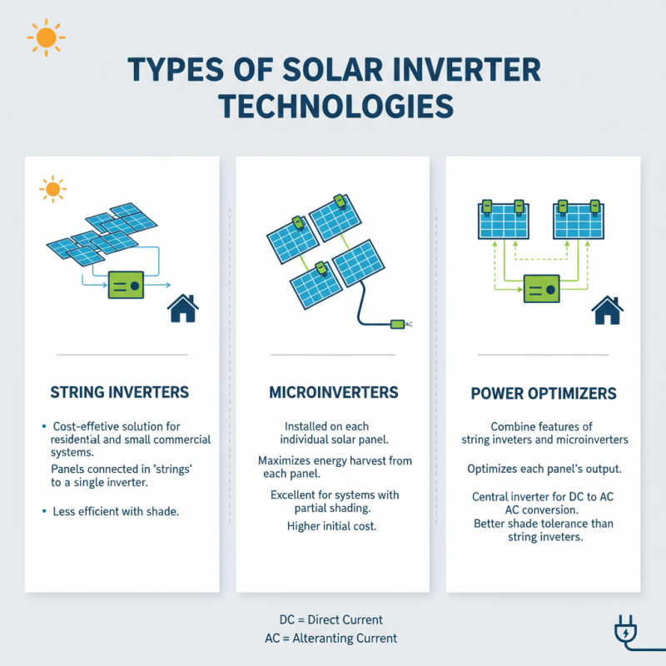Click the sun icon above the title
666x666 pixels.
tap(46, 37)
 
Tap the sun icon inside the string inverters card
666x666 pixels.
tap(52, 189)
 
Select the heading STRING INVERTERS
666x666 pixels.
tap(119, 392)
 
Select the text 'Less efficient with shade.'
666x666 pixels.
tap(116, 511)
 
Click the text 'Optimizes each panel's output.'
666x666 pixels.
tap(544, 469)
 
